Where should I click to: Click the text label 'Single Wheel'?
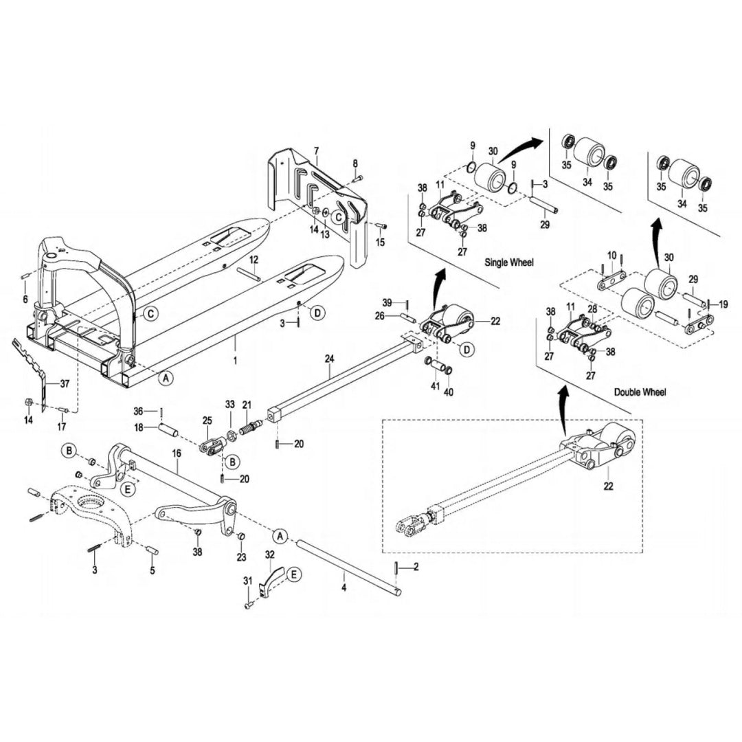coord(509,262)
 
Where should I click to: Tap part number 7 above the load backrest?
coord(316,150)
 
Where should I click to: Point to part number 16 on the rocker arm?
coord(177,453)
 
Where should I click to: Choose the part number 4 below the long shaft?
coord(344,588)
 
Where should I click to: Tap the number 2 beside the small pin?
coord(416,567)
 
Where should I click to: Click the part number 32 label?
coord(269,554)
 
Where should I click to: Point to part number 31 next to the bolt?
coord(247,582)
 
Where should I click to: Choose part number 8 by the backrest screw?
coord(355,163)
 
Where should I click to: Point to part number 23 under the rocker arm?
coord(241,557)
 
